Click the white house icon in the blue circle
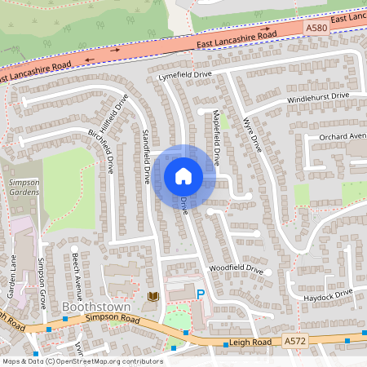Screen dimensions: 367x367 [x=183, y=175]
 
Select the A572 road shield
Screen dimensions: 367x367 [x=294, y=339]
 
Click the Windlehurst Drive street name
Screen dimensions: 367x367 [x=317, y=97]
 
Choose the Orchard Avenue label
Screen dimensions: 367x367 [x=343, y=135]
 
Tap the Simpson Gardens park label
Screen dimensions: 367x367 [x=24, y=188]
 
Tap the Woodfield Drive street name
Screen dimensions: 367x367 [x=236, y=268]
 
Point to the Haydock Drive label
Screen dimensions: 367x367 [x=330, y=294]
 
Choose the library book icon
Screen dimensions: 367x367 [x=153, y=296]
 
